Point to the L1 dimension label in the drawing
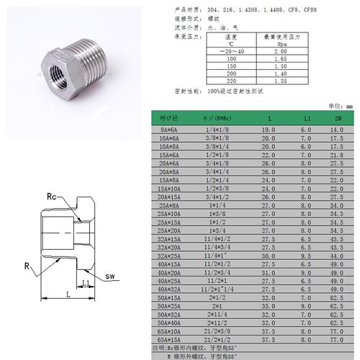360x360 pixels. (x=86, y=283)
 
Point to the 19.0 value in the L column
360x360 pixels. (x=268, y=129)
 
